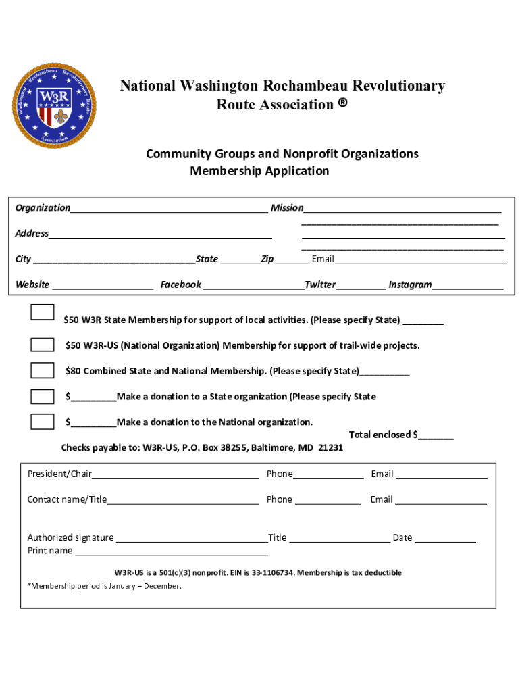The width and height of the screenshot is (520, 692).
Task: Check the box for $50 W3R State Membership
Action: click(43, 312)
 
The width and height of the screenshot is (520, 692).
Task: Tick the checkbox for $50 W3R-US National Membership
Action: click(43, 345)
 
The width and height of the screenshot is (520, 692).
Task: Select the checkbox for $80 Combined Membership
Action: click(43, 370)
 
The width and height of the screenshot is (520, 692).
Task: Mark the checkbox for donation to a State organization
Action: click(43, 396)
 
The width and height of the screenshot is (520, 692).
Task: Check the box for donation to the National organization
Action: click(43, 422)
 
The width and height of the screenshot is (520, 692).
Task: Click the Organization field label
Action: click(43, 208)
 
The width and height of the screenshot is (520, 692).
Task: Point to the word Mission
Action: click(287, 208)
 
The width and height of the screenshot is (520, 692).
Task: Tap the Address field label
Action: click(32, 234)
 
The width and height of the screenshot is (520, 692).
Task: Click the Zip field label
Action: click(267, 259)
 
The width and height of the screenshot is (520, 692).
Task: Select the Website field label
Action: click(32, 285)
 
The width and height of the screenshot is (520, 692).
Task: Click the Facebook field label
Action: click(180, 285)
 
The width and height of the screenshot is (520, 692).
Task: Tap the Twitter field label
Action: click(320, 285)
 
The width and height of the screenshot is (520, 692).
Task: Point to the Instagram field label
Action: click(410, 285)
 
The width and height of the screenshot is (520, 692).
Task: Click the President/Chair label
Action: click(59, 474)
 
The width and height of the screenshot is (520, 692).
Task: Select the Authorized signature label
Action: click(70, 538)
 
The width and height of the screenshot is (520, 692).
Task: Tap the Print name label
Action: click(50, 551)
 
